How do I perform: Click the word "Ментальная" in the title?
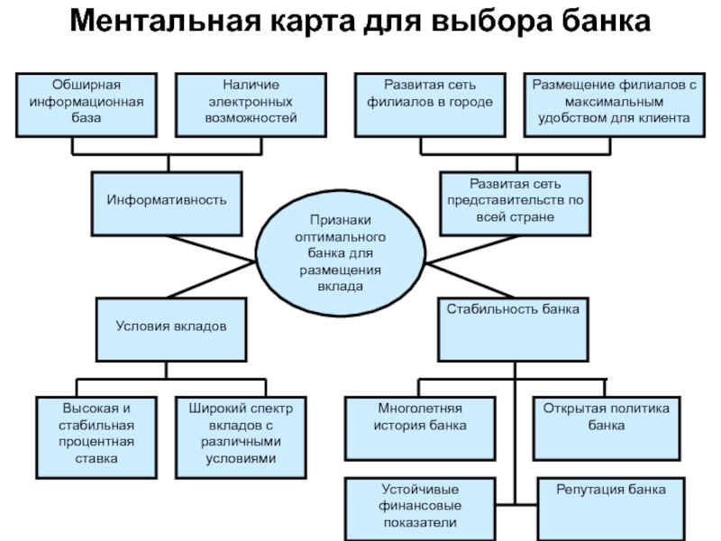[x=166, y=21]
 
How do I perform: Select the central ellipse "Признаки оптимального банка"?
[x=341, y=253]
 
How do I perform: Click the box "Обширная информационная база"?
[x=87, y=105]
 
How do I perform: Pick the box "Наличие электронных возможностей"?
[x=251, y=105]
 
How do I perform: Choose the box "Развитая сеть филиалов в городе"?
[x=430, y=105]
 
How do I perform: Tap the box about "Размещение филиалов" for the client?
[x=615, y=105]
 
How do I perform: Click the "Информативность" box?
[x=167, y=204]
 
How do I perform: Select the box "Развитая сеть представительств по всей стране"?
[x=515, y=204]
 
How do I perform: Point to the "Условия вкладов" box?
[x=171, y=329]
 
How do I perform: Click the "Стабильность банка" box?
[x=513, y=329]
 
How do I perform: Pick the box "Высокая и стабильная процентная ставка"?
[x=96, y=437]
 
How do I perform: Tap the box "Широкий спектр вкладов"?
[x=241, y=437]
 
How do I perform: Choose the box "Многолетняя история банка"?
[x=420, y=428]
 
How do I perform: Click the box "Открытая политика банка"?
[x=607, y=428]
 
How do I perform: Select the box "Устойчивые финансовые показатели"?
[x=420, y=509]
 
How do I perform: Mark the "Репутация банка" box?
[x=611, y=509]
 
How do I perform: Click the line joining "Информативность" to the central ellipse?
[x=212, y=249]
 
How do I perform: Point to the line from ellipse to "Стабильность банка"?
[x=470, y=280]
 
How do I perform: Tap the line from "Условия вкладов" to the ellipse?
[x=212, y=280]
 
